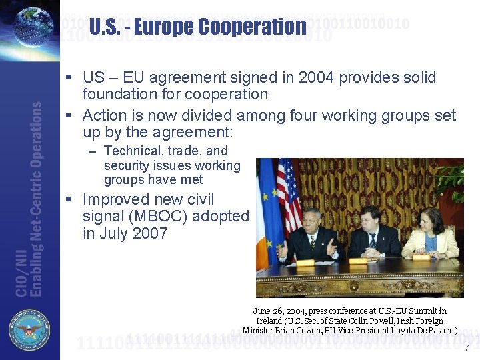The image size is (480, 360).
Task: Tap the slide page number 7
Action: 466,348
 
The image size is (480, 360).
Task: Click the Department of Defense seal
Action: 29,331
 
